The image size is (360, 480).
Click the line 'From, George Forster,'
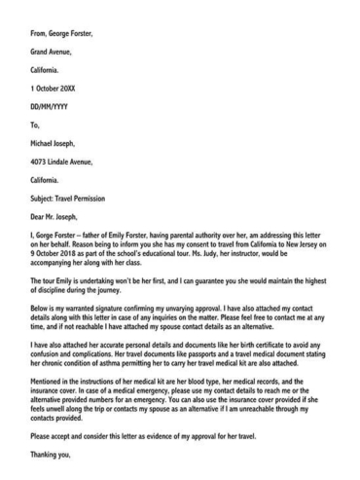61,33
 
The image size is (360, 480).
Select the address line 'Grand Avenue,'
54,52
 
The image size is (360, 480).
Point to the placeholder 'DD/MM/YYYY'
51,107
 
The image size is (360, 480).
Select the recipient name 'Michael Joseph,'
56,144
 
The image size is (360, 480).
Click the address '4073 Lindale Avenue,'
65,163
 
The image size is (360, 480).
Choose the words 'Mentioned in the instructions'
83,380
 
